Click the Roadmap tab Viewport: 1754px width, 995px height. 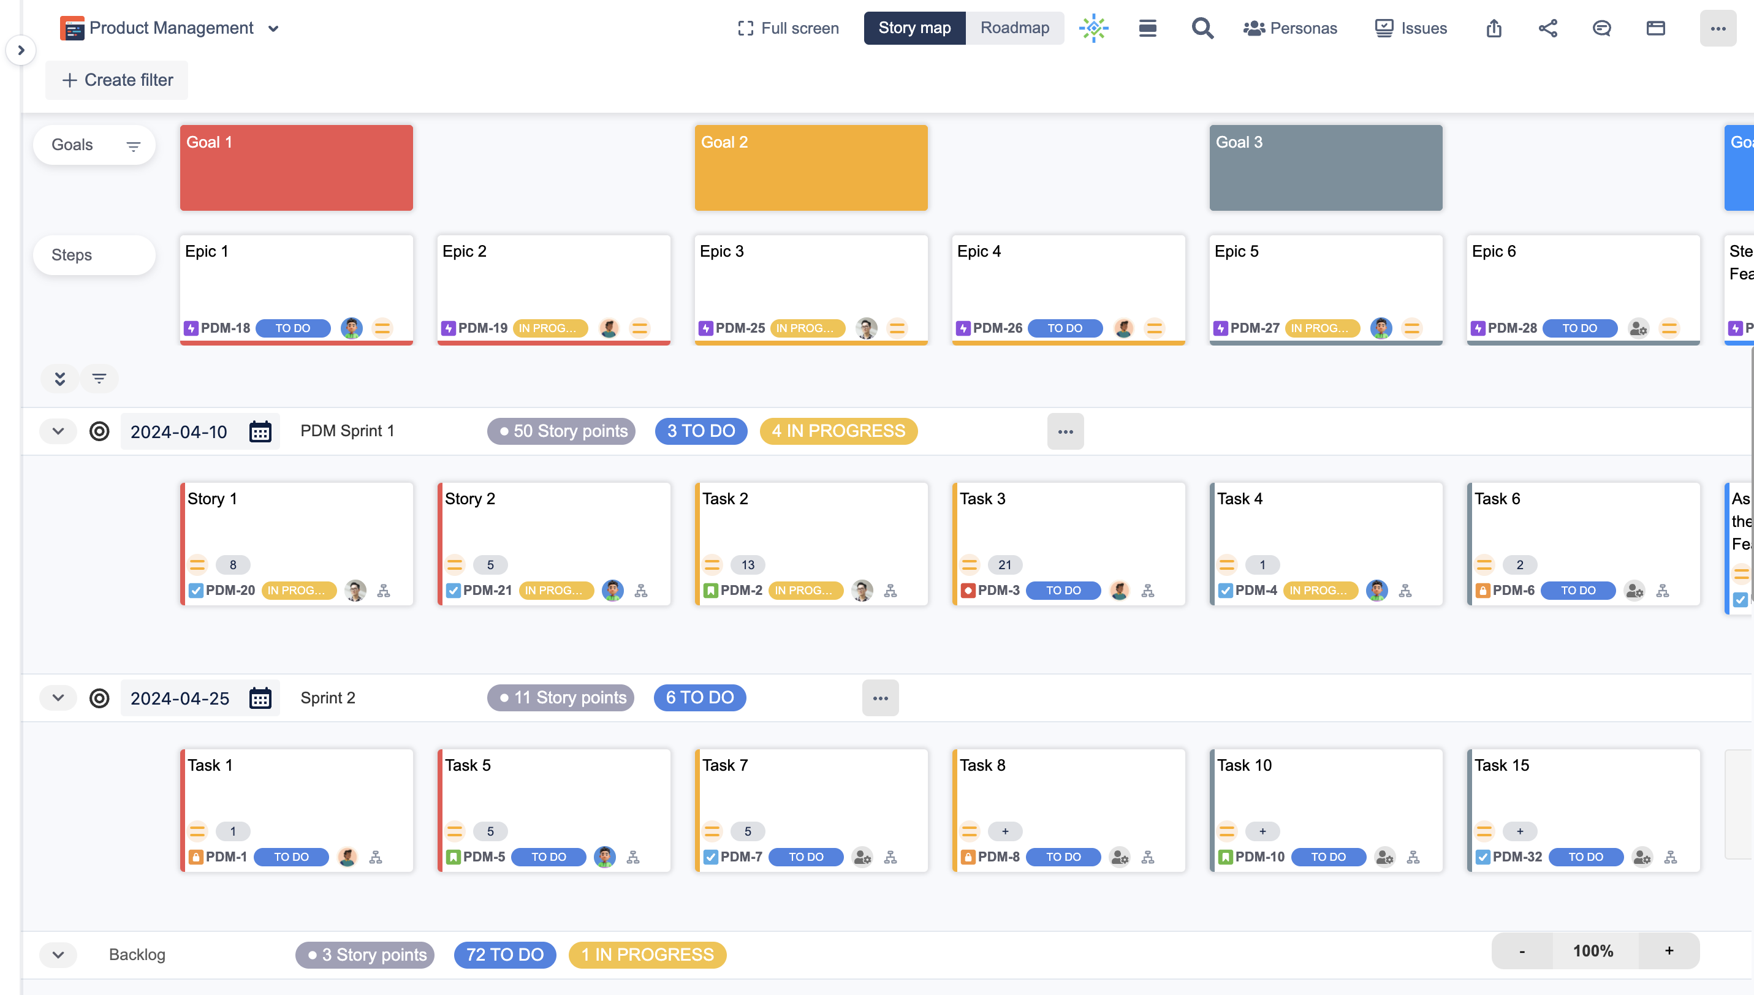tap(1014, 28)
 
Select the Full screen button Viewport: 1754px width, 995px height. tap(788, 28)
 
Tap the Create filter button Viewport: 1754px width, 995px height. tap(117, 80)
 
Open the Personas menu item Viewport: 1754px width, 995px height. tap(1290, 28)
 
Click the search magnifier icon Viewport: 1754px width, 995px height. tap(1202, 28)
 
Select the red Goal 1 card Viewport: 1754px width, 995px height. tap(296, 167)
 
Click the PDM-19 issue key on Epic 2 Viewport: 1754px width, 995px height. tap(482, 328)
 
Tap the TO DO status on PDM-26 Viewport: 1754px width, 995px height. tap(1065, 328)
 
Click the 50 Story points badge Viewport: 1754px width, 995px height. tap(562, 431)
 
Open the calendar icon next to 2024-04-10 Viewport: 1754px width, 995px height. tap(260, 432)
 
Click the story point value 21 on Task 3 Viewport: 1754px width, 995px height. tap(1004, 565)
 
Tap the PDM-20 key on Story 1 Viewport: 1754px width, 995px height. tap(230, 591)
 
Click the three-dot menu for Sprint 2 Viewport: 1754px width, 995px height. tap(879, 698)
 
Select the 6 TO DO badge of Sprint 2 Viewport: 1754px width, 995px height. tap(699, 698)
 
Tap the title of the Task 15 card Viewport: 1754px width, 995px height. tap(1501, 765)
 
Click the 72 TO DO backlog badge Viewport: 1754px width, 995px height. tap(504, 955)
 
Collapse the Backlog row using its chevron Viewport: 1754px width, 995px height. tap(58, 955)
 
